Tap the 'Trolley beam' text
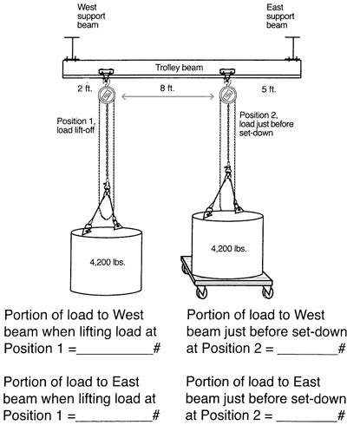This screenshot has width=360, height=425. pos(173,66)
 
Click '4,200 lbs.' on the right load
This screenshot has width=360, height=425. pos(228,248)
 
